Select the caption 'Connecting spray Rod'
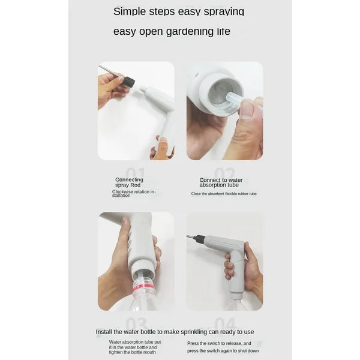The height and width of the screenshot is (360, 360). pos(129,182)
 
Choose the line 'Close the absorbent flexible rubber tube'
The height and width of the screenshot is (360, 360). pos(224,194)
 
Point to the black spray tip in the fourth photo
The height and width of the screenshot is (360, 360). pos(197,239)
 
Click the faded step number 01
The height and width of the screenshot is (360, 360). pos(135,173)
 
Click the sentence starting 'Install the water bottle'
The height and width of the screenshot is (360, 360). pos(175,331)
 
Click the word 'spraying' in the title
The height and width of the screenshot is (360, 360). pos(221,11)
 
